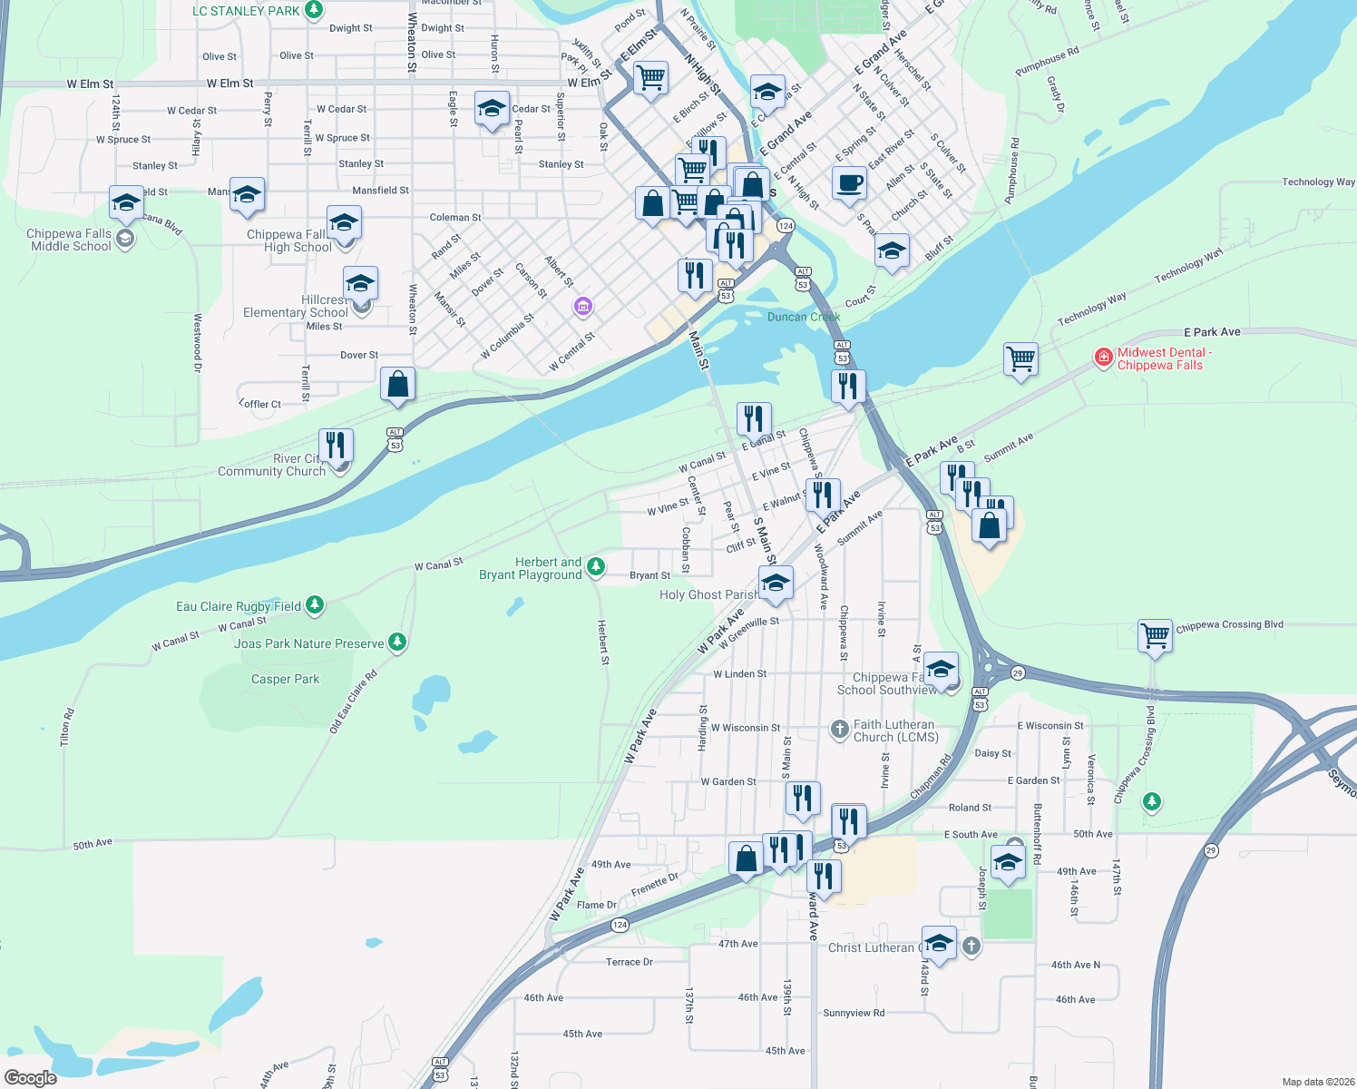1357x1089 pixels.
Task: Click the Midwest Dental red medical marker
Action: coord(1104,358)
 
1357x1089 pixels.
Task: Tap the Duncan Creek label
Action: coord(804,317)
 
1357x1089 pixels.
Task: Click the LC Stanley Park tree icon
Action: coord(314,11)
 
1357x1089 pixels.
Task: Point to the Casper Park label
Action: coord(285,679)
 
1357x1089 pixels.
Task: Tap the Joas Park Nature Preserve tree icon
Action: coord(396,643)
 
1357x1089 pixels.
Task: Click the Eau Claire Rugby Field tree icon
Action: coord(315,605)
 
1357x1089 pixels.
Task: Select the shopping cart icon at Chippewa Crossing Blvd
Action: coord(1155,635)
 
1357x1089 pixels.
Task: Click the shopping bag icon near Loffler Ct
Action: coord(397,385)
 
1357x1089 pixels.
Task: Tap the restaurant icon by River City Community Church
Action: coord(336,445)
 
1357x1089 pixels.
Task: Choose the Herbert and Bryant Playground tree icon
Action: coord(595,567)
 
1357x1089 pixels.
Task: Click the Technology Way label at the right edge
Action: coord(1317,182)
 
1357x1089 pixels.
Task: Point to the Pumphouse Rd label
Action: coord(1046,62)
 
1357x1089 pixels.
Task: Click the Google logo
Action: coord(31,1077)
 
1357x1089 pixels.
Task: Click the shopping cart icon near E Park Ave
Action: coord(1020,359)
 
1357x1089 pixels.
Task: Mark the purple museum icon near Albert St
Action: coord(583,308)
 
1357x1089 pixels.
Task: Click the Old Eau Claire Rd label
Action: coord(353,701)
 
